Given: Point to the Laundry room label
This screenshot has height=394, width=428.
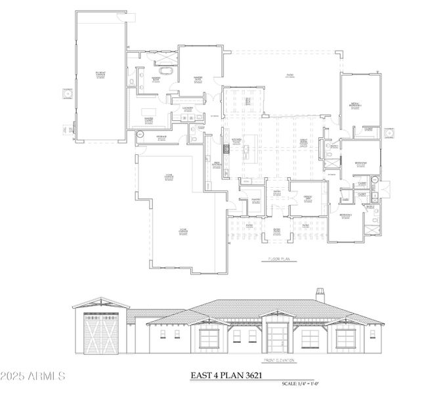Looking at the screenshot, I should [188, 110].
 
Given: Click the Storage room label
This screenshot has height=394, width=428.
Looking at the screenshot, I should [161, 137].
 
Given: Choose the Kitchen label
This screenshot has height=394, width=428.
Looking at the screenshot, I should [236, 141].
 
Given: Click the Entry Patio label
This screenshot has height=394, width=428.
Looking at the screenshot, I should [277, 230].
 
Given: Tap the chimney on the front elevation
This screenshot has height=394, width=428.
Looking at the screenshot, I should [320, 294].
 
